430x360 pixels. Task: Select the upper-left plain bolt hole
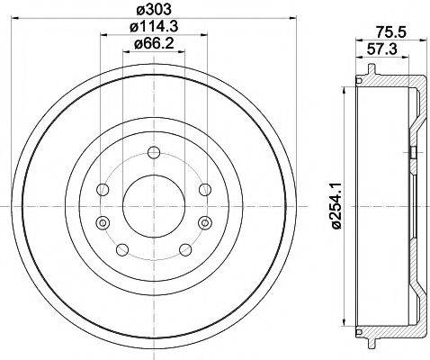click(102, 189)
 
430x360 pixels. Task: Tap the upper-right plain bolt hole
click(205, 189)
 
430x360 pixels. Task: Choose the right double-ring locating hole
click(207, 222)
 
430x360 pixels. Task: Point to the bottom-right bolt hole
click(185, 250)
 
